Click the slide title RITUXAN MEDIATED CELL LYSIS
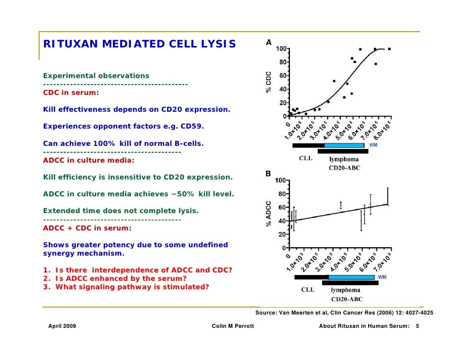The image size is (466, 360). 140,45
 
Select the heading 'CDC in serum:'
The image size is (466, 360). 71,92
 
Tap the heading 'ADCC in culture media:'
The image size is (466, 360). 89,160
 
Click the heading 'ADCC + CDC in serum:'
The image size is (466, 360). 87,228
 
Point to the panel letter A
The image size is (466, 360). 269,43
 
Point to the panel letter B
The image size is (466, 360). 268,174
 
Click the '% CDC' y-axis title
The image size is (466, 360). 269,83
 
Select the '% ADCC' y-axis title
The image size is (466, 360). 269,214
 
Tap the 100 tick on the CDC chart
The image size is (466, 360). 281,49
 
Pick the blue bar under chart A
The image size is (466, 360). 344,145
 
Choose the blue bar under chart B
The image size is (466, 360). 351,277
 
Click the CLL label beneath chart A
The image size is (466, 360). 305,159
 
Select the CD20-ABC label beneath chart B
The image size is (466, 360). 347,299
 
